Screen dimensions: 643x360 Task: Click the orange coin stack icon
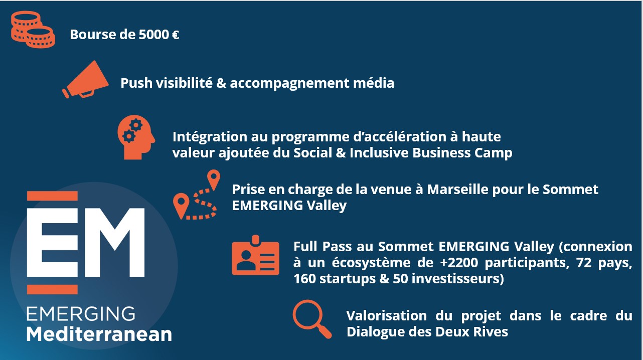[33, 29]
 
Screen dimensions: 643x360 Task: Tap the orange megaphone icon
[85, 79]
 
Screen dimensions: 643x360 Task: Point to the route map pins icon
[197, 195]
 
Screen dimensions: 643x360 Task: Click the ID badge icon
[255, 255]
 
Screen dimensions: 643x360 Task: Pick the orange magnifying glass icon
[312, 319]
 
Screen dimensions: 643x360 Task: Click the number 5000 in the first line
[153, 35]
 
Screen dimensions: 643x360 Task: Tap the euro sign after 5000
[176, 35]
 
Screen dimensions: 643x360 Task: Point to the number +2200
[459, 263]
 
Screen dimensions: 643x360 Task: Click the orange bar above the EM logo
[52, 196]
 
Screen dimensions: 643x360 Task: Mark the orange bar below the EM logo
[52, 289]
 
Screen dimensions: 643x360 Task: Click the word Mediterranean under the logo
[99, 334]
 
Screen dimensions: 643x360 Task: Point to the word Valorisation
[387, 316]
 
